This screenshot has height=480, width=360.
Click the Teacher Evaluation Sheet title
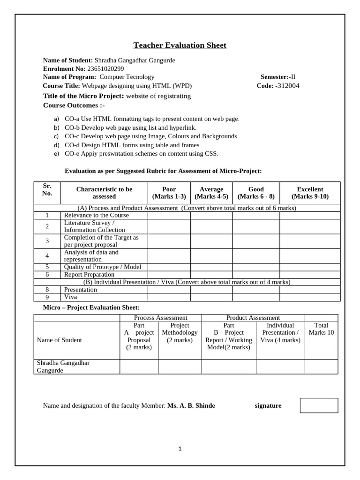pos(180,45)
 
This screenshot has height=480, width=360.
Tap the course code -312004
pos(287,85)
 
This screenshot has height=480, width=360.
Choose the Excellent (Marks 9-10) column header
pos(310,193)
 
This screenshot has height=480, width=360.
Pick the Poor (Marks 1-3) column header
pos(169,193)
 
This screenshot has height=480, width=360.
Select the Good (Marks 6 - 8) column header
pos(256,193)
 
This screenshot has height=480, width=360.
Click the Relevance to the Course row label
pos(96,215)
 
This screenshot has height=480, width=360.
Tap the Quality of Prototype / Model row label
pos(102,267)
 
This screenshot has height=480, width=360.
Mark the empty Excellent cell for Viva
pos(310,297)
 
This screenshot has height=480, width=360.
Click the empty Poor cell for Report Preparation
pos(169,274)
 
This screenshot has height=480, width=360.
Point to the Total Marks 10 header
pos(321,329)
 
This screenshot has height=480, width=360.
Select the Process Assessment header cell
pos(160,318)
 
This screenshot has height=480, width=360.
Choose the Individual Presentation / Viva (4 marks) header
pos(280,333)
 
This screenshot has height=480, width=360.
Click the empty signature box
pos(319,405)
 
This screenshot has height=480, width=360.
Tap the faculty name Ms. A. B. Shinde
pos(191,405)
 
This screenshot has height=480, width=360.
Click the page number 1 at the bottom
pos(180,449)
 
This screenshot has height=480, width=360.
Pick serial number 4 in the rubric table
pos(47,255)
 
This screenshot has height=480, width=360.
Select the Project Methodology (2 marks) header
pos(180,333)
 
